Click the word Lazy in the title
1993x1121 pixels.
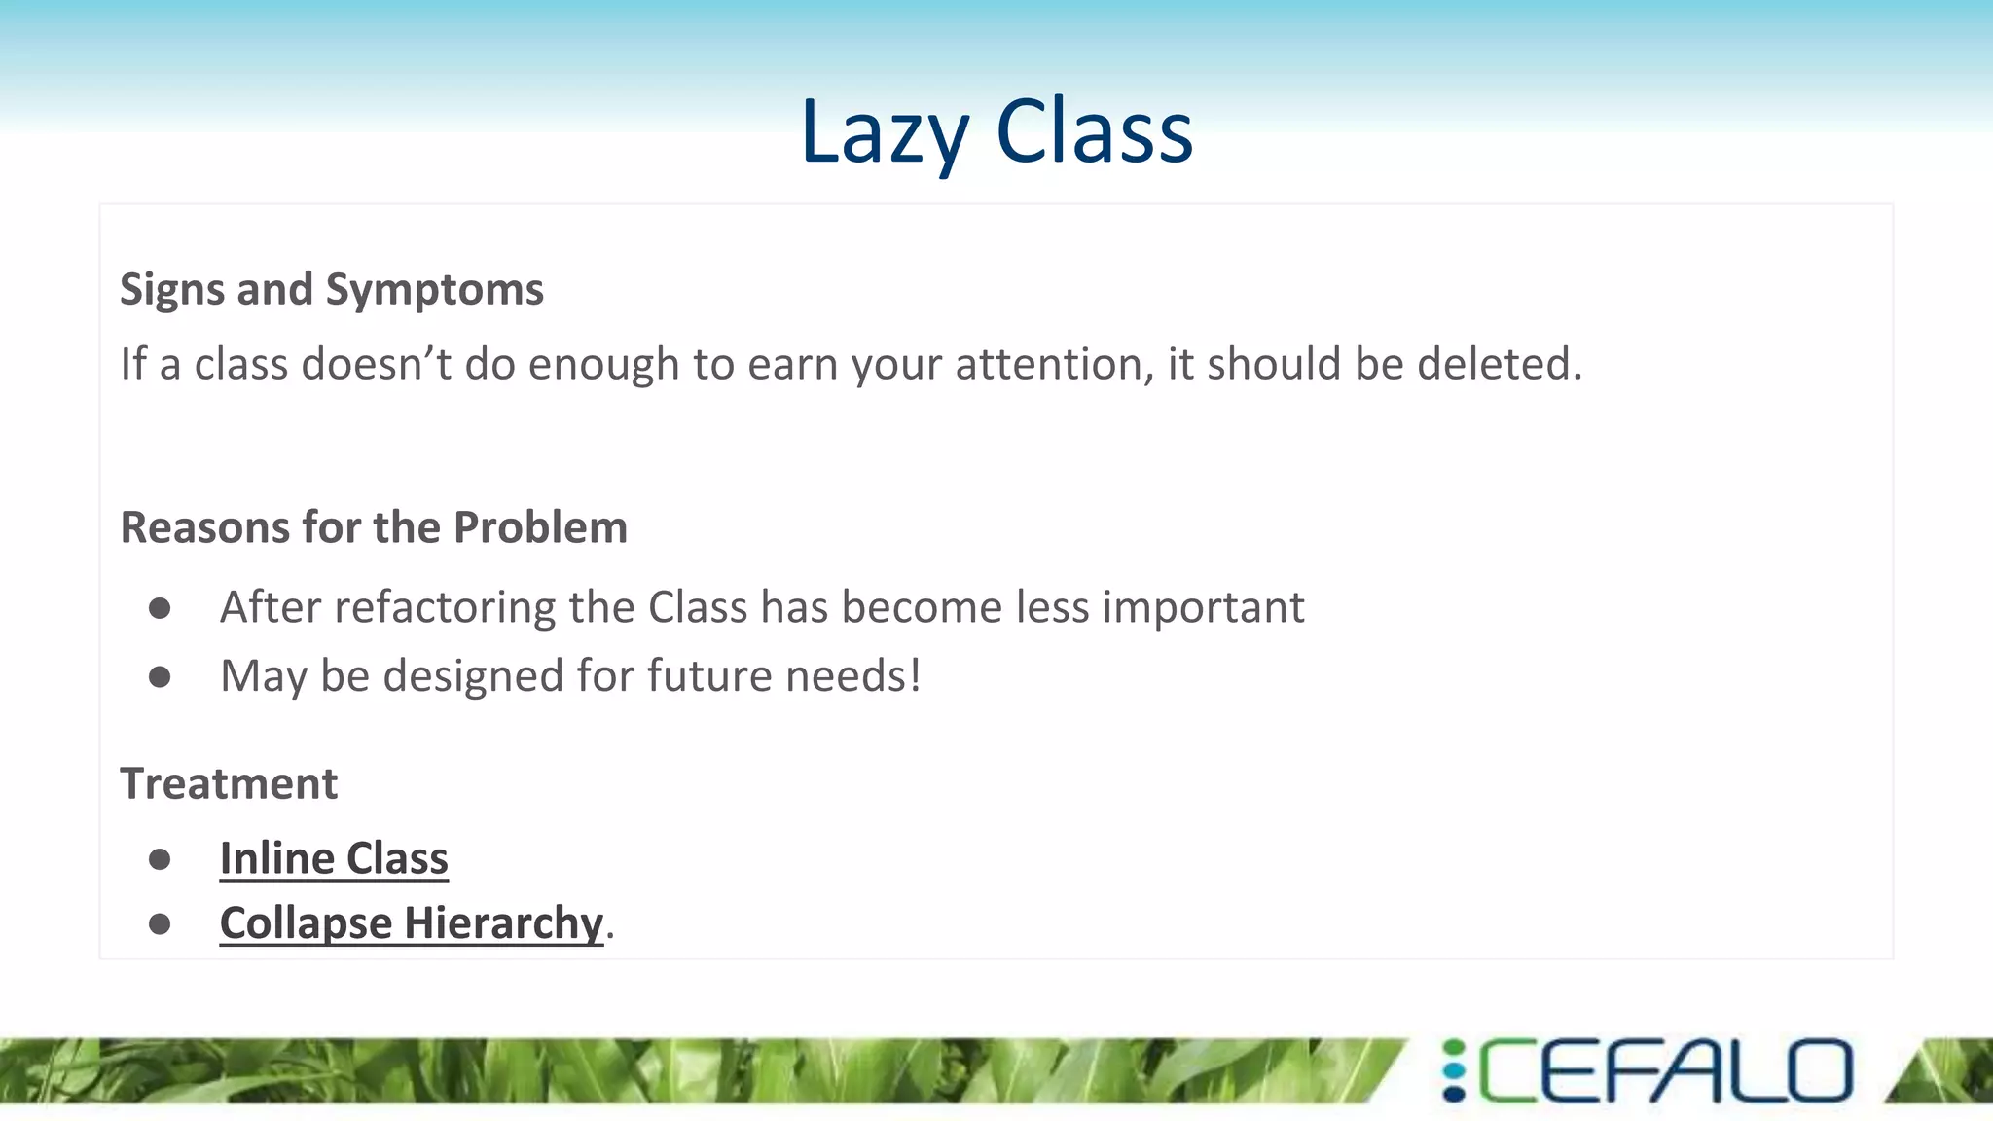click(x=884, y=132)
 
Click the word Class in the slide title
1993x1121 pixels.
click(x=1094, y=132)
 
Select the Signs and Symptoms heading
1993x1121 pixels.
click(x=331, y=289)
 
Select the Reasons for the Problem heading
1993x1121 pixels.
click(x=374, y=527)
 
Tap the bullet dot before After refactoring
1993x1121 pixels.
click(x=160, y=609)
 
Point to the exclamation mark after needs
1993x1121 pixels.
click(x=914, y=675)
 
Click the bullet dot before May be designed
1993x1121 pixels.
click(x=160, y=676)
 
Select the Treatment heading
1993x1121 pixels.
click(x=229, y=783)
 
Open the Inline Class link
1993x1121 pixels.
click(x=334, y=858)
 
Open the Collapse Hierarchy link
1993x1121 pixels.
click(x=411, y=922)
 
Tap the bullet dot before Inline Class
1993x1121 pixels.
click(x=160, y=859)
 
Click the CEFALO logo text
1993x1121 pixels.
click(x=1665, y=1070)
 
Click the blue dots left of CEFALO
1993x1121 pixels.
click(x=1454, y=1070)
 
